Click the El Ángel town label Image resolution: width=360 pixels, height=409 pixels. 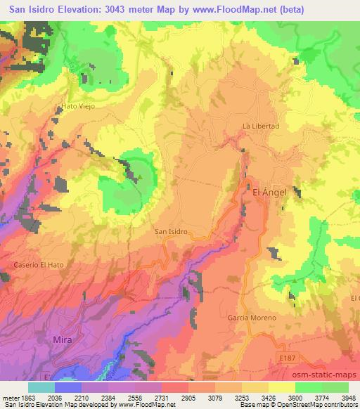pyautogui.click(x=271, y=190)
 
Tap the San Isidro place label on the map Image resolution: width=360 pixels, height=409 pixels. pyautogui.click(x=170, y=230)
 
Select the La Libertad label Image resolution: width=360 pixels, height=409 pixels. pyautogui.click(x=261, y=126)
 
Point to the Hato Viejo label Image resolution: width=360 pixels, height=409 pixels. pyautogui.click(x=78, y=106)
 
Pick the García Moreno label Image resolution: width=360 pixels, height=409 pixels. pyautogui.click(x=252, y=318)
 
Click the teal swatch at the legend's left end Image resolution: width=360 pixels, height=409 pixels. pyautogui.click(x=41, y=387)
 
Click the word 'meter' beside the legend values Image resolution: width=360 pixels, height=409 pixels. pyautogui.click(x=8, y=397)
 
